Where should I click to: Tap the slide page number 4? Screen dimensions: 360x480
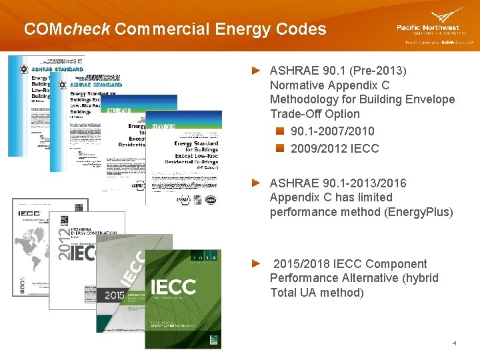tap(454, 343)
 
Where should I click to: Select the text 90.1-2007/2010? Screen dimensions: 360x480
tap(333, 131)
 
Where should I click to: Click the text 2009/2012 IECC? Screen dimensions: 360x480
tap(335, 148)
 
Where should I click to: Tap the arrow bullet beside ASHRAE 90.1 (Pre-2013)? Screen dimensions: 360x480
tap(255, 70)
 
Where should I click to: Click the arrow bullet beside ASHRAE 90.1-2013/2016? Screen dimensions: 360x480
tap(255, 183)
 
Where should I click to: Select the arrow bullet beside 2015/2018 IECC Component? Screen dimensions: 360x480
tap(255, 263)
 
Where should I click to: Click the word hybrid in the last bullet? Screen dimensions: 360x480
tap(419, 278)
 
